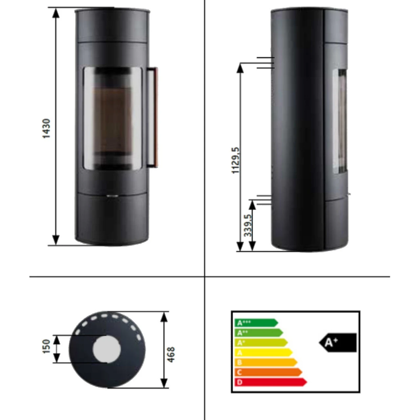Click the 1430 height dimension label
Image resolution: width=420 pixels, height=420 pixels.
pyautogui.click(x=47, y=128)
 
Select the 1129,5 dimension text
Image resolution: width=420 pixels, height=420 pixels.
pyautogui.click(x=236, y=160)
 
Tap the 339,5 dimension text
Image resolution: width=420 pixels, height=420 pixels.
pyautogui.click(x=248, y=225)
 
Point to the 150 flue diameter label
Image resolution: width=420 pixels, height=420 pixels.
pyautogui.click(x=46, y=346)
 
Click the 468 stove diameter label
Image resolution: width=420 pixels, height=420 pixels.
pyautogui.click(x=171, y=354)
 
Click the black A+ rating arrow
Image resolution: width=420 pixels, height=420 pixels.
pyautogui.click(x=338, y=343)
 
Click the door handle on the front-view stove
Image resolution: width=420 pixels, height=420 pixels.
pyautogui.click(x=152, y=117)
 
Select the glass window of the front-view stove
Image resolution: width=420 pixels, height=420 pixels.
pyautogui.click(x=112, y=118)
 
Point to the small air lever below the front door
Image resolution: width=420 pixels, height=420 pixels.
pyautogui.click(x=112, y=196)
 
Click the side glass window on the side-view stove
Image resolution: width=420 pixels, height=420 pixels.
pyautogui.click(x=340, y=121)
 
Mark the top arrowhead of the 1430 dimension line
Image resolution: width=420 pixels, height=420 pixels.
pyautogui.click(x=56, y=13)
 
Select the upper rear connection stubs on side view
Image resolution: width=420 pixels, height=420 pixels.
pyautogui.click(x=265, y=62)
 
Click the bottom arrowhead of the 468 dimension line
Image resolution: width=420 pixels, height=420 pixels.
pyautogui.click(x=164, y=383)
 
